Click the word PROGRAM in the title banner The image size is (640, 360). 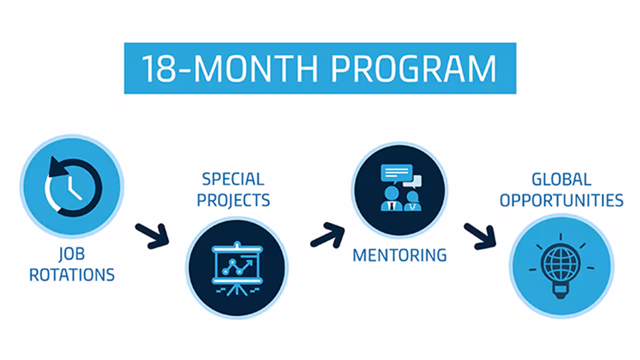click(x=413, y=68)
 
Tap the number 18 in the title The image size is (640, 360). click(x=159, y=68)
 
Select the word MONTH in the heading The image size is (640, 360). click(x=256, y=68)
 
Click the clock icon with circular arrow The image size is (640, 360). click(x=73, y=187)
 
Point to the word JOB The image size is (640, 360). click(x=71, y=254)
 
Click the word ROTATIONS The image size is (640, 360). click(x=72, y=275)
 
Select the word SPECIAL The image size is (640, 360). click(x=233, y=179)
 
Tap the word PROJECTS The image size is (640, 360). click(x=233, y=200)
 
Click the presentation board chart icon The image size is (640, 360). click(x=237, y=268)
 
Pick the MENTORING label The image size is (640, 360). click(x=399, y=255)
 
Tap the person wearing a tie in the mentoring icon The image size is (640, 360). click(x=391, y=199)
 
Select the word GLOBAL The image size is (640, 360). click(x=561, y=179)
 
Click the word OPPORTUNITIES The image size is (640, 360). click(x=561, y=200)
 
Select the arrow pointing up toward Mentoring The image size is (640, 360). click(x=327, y=235)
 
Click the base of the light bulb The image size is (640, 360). click(x=560, y=291)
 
